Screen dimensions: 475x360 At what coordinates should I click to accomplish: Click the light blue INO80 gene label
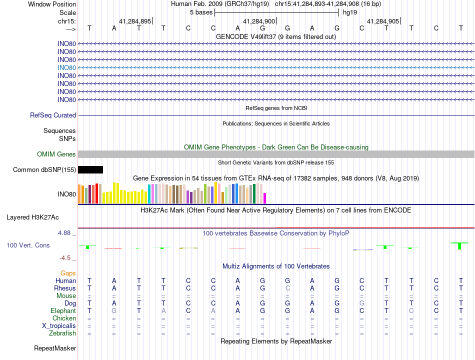pos(66,68)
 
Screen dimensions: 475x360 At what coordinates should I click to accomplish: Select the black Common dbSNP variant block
pos(90,169)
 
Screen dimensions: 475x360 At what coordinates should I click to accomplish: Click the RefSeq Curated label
pos(53,115)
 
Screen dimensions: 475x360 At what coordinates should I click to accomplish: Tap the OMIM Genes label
pos(56,154)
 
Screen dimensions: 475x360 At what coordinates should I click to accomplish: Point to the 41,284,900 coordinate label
pos(259,21)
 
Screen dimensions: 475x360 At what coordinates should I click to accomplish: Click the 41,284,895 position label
pos(135,21)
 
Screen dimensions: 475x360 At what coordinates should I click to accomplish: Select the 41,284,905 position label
pos(383,21)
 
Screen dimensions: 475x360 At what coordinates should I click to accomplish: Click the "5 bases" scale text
pos(201,12)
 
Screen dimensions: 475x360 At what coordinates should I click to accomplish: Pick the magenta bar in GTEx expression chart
pos(265,198)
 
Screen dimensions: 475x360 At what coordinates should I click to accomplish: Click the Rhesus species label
pos(65,288)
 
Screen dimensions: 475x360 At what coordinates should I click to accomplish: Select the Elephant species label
pos(63,311)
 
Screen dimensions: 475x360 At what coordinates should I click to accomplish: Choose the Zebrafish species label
pos(62,333)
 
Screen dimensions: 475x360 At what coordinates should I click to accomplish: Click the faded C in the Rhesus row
pos(287,288)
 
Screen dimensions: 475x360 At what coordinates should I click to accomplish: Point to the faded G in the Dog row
pos(361,303)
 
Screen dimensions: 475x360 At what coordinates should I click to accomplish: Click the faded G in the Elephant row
pos(114,311)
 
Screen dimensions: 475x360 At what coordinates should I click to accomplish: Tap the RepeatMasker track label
pos(55,348)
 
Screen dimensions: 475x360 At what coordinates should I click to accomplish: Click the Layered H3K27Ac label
pos(32,217)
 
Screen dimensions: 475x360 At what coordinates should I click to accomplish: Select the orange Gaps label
pos(68,273)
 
